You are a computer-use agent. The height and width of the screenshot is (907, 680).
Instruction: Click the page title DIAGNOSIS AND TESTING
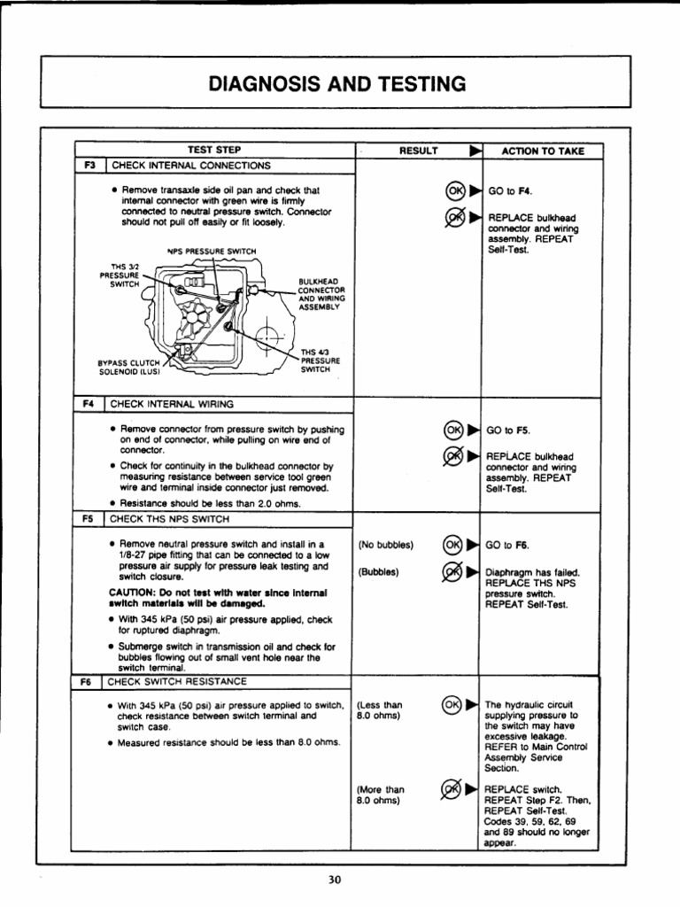click(336, 84)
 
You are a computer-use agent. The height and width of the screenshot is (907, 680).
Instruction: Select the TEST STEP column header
click(214, 151)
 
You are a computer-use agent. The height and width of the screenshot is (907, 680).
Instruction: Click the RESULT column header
click(419, 151)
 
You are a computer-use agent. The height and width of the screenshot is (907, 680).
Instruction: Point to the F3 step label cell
click(89, 165)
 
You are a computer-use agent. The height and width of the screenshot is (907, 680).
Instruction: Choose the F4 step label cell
click(89, 404)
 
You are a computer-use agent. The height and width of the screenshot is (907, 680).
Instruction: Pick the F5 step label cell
click(89, 519)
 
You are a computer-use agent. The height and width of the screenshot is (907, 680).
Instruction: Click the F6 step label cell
click(89, 682)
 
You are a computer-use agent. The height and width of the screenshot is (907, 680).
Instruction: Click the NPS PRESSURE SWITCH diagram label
click(212, 251)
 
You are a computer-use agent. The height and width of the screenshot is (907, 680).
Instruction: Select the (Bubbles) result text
click(380, 571)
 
